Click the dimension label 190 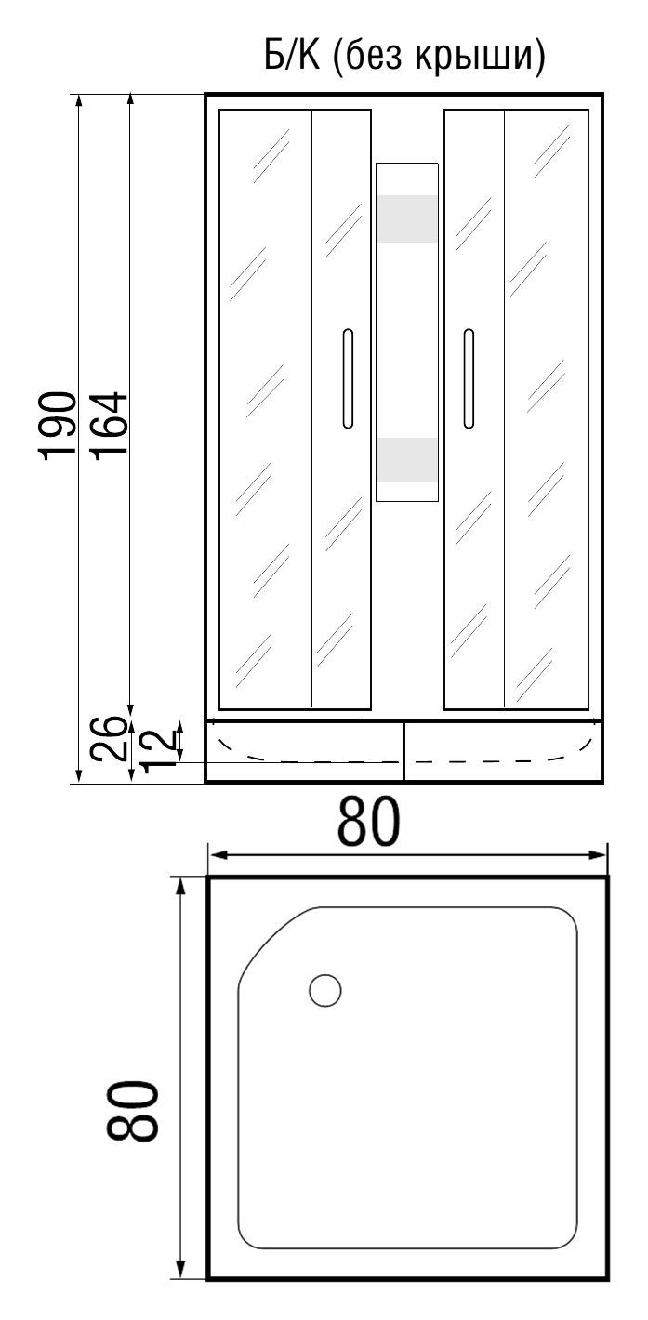(59, 426)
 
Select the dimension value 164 (110, 426)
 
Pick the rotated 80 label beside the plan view (131, 1111)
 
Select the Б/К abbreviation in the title (290, 58)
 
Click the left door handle (347, 378)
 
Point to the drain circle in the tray (324, 991)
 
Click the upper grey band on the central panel (406, 218)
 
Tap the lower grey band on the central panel (406, 459)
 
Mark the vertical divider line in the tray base (403, 751)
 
